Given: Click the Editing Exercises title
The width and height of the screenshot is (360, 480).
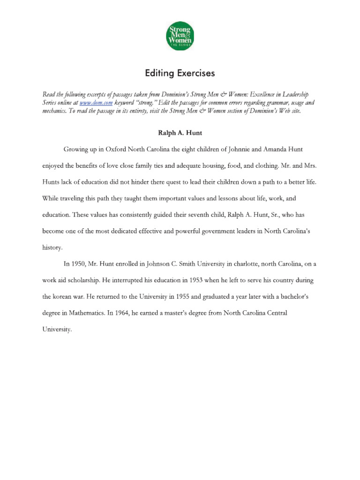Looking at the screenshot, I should (180, 73).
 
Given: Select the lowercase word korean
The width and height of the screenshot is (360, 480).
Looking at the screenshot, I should (63, 297).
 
